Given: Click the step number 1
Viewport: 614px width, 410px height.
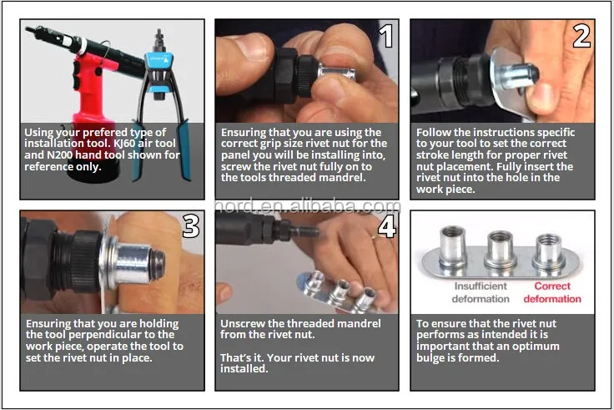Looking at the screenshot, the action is (386, 36).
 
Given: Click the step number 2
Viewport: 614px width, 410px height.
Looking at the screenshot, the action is (581, 36).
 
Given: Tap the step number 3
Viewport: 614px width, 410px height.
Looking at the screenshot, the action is (191, 226).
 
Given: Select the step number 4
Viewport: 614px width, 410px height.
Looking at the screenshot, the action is (386, 226).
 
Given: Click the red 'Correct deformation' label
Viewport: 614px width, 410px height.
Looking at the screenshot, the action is (552, 292).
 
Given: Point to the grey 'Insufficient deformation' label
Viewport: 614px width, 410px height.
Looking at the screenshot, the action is (481, 292).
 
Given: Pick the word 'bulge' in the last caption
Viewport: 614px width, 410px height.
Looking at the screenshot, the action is (430, 358).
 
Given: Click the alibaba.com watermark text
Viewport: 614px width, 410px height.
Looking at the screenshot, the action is (308, 206).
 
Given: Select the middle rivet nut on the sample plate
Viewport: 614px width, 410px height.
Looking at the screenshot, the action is (500, 250).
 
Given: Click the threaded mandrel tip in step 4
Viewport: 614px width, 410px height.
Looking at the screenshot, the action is (305, 232).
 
